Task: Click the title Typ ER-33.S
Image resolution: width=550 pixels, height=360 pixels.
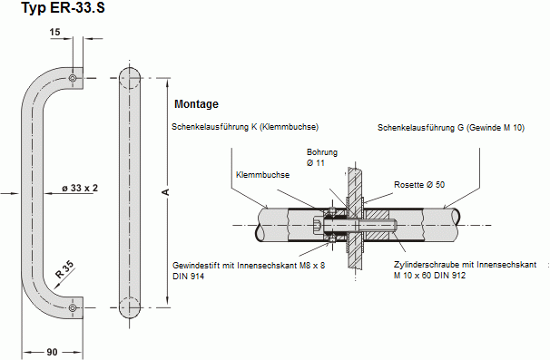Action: pyautogui.click(x=64, y=7)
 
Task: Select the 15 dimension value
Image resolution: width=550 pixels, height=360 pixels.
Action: pyautogui.click(x=54, y=33)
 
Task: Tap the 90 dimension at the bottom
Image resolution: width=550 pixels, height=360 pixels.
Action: pyautogui.click(x=52, y=352)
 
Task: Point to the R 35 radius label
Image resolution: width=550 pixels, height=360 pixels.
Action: pyautogui.click(x=64, y=269)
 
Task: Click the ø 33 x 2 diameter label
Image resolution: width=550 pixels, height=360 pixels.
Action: pyautogui.click(x=80, y=189)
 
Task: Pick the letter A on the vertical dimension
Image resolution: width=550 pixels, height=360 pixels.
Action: pyautogui.click(x=166, y=192)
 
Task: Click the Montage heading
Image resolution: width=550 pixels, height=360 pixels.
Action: pyautogui.click(x=196, y=104)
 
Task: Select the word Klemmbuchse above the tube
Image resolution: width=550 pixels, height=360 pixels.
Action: pyautogui.click(x=262, y=175)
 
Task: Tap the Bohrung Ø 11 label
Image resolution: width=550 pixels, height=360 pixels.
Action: pyautogui.click(x=322, y=158)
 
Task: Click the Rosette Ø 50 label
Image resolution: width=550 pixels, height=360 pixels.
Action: pyautogui.click(x=419, y=185)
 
